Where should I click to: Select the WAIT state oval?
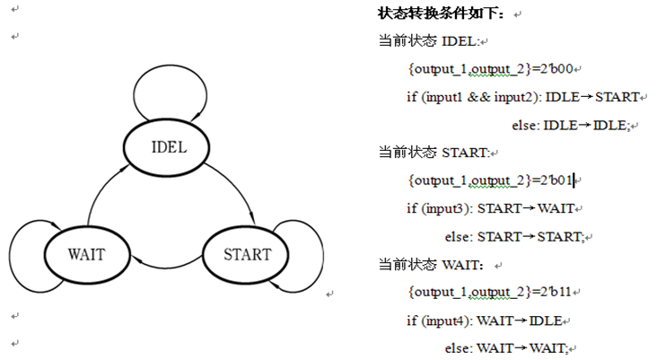pyautogui.click(x=86, y=253)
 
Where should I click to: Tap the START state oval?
pyautogui.click(x=248, y=254)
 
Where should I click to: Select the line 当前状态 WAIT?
pyautogui.click(x=432, y=266)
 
